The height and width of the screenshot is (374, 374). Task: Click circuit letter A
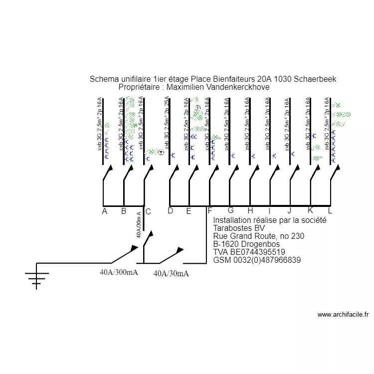tap(104, 211)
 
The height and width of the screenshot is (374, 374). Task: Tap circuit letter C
tap(148, 211)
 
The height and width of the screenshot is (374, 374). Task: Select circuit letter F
tap(209, 210)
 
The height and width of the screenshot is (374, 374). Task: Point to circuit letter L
tap(330, 210)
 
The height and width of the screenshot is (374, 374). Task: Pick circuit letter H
tap(250, 210)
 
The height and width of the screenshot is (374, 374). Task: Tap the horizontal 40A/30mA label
tap(171, 273)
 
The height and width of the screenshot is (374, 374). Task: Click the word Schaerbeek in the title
tap(315, 79)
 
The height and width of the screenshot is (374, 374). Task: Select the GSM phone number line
tap(257, 260)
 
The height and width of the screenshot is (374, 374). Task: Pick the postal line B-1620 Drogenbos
tap(246, 244)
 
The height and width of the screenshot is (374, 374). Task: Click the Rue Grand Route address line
tap(258, 236)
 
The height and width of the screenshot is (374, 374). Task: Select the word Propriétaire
tap(141, 87)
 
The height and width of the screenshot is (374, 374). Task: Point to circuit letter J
tap(289, 210)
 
